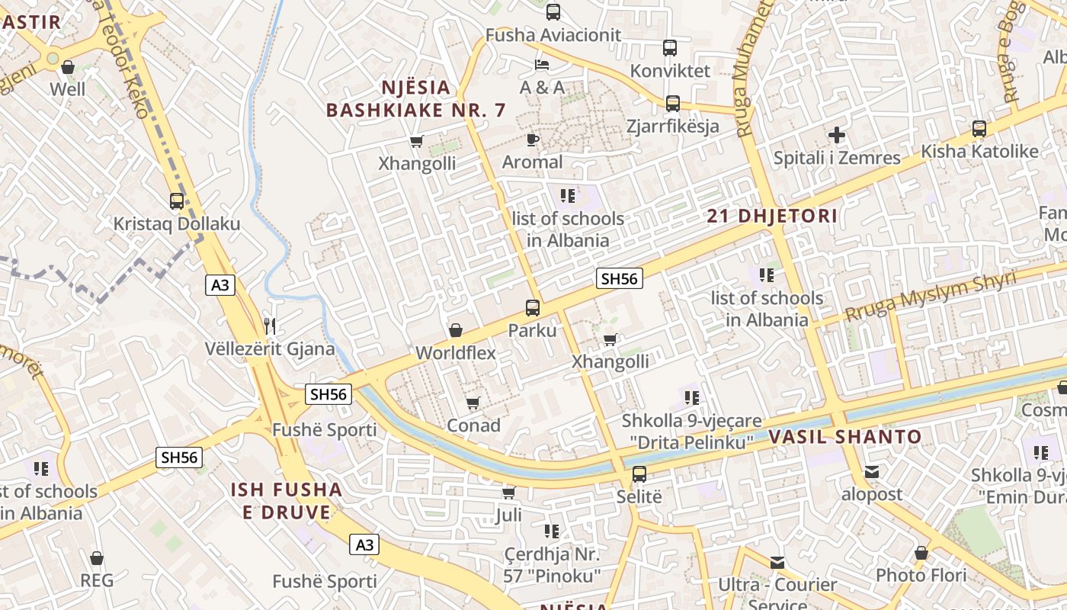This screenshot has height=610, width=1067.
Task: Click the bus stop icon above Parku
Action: coord(533,308)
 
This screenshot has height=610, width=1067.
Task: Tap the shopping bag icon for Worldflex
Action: coord(456,330)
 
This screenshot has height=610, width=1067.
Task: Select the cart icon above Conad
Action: coord(473,403)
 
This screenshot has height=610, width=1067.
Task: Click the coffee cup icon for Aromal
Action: coord(532,140)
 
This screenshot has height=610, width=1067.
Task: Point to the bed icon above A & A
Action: coord(542,64)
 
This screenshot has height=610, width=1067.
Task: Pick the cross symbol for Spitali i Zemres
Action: coord(837,136)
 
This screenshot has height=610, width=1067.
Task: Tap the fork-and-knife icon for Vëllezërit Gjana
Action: coord(269,326)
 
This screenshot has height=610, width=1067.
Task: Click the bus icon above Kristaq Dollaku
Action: coord(177,201)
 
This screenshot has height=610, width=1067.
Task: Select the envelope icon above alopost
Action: coord(872,472)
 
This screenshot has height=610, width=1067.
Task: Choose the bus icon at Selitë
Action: coord(639,474)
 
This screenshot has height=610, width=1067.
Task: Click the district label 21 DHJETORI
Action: coord(772,216)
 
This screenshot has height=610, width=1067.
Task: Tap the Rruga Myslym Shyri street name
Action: coord(931,296)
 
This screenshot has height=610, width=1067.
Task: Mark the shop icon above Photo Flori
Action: coord(921,553)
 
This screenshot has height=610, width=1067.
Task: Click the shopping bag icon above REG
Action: coord(97,558)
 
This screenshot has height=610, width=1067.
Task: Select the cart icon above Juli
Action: coord(509,493)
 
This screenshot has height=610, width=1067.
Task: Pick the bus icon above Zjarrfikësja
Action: coord(673,104)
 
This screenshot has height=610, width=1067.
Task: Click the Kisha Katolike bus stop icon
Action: coord(979,129)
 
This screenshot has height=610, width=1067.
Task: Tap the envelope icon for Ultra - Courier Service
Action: coord(777,563)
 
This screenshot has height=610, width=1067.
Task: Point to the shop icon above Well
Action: coord(68,67)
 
